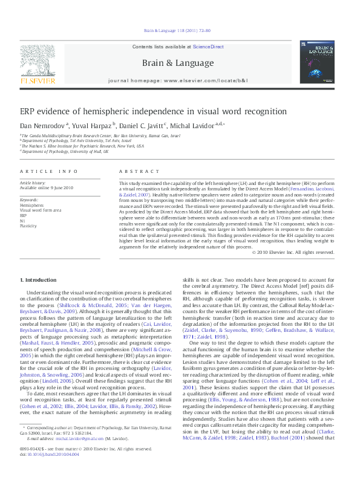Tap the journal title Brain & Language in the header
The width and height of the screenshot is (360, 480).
[177, 63]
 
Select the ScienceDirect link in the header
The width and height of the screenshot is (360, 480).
[209, 47]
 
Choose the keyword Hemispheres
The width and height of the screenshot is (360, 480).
[31, 205]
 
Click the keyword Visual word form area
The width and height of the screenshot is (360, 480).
[39, 209]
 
